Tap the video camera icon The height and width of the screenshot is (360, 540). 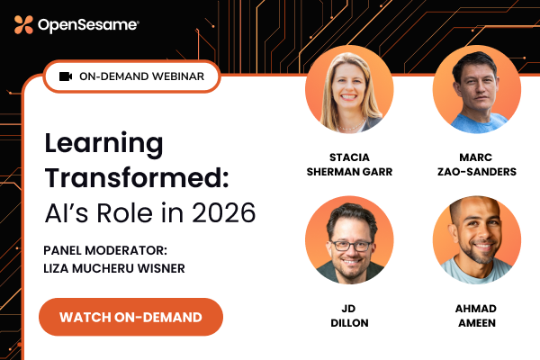coord(66,76)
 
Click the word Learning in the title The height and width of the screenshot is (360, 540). coord(104,144)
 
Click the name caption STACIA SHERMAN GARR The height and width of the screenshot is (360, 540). coord(349,162)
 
